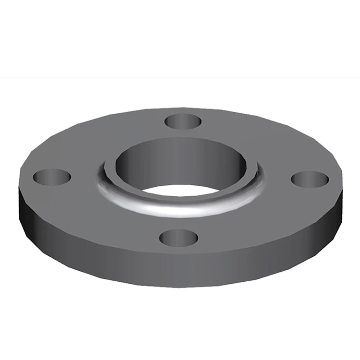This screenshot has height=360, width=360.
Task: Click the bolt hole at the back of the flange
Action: point(183,121)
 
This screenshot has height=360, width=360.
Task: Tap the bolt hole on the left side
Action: point(52,177)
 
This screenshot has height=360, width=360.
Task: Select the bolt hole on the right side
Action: point(310,179)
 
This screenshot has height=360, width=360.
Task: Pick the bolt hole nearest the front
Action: point(178,237)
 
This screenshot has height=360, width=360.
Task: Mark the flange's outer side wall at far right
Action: point(336,211)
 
